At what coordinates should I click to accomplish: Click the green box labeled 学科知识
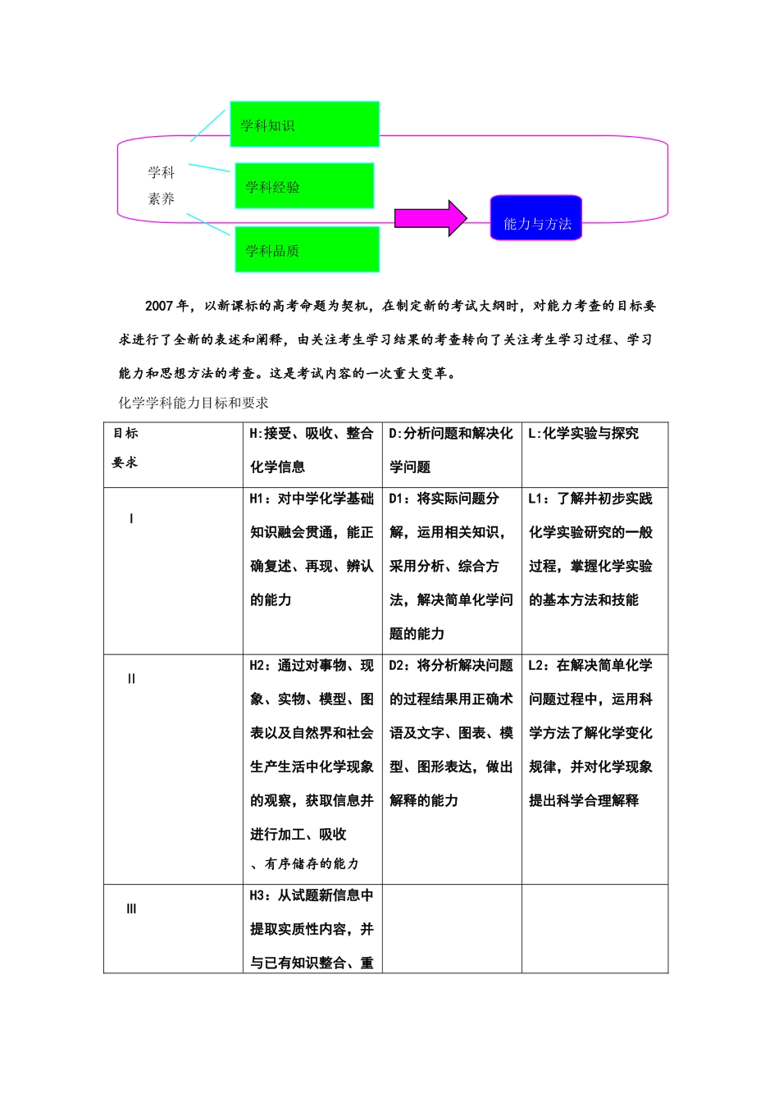point(304,124)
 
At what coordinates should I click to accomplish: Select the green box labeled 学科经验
point(304,185)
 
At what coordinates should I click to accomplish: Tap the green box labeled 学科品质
point(307,249)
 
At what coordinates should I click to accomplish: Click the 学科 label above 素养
point(162,172)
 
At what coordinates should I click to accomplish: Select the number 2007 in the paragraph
point(159,306)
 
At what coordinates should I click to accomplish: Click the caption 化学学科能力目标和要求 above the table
point(194,403)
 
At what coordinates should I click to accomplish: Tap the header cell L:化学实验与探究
point(584,434)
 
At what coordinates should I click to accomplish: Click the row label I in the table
point(131,519)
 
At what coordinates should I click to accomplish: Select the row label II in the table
point(131,679)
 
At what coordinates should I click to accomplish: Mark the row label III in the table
point(131,908)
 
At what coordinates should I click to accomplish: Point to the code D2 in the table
point(399,666)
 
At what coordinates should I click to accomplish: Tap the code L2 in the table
point(539,666)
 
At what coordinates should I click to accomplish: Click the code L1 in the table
point(539,499)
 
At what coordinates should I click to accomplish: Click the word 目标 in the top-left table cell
point(125,433)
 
